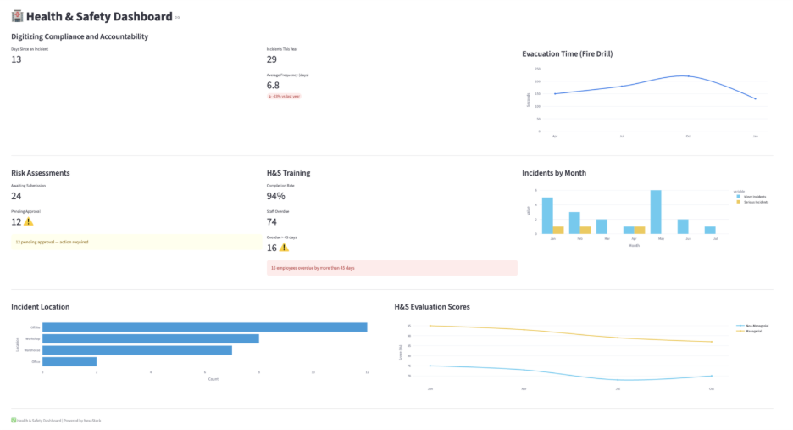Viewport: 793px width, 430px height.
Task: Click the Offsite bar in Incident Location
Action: point(204,327)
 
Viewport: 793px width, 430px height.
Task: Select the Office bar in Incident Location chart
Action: point(69,361)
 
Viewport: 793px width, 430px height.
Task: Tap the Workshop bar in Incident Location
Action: point(150,338)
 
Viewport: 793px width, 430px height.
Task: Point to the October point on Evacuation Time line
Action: point(688,76)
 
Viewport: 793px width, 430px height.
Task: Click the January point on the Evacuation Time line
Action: point(755,99)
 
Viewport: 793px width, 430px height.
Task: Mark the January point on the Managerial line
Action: point(430,326)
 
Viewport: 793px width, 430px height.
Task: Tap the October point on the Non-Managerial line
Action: point(712,376)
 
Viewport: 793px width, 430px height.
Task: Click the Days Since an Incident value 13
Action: point(16,59)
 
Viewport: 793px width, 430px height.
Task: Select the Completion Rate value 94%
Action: point(276,196)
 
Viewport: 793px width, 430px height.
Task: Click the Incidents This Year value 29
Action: point(272,59)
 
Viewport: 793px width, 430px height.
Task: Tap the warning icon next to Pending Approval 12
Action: point(29,222)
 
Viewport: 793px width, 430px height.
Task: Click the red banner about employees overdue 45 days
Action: point(391,268)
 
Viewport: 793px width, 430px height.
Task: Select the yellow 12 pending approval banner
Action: point(136,242)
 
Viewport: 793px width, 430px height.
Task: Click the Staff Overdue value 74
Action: point(272,222)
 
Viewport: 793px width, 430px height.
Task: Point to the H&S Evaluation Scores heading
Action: point(431,306)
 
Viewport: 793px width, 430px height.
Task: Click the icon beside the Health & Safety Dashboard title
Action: point(17,16)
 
